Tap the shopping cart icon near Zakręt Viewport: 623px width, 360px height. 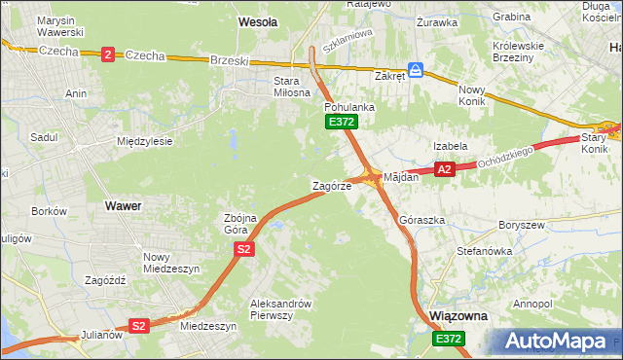tap(416, 70)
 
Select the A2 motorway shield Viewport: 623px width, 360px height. tap(445, 169)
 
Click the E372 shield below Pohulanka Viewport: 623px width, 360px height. tap(342, 122)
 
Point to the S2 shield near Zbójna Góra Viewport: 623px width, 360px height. tap(244, 250)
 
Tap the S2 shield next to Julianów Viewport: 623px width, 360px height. tap(139, 326)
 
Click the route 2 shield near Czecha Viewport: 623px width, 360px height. tap(106, 55)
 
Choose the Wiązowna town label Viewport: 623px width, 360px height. tap(458, 317)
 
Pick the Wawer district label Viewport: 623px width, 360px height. tap(123, 206)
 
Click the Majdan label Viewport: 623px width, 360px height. tap(401, 178)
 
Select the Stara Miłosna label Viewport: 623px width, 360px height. tap(285, 87)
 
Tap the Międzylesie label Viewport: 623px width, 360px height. tap(144, 141)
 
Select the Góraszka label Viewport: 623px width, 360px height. tap(422, 221)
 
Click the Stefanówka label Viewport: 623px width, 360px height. tap(484, 251)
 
